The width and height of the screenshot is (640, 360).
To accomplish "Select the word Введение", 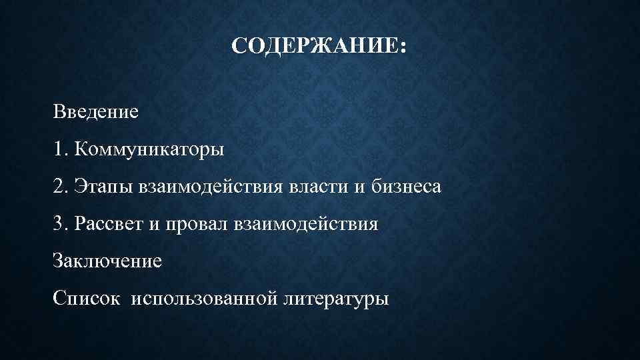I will pos(97,111).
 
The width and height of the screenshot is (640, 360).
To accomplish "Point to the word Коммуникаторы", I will pos(150,149).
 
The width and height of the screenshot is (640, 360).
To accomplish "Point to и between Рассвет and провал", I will pos(153,225).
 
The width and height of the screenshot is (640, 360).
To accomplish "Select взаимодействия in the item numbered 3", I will pos(307,225).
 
